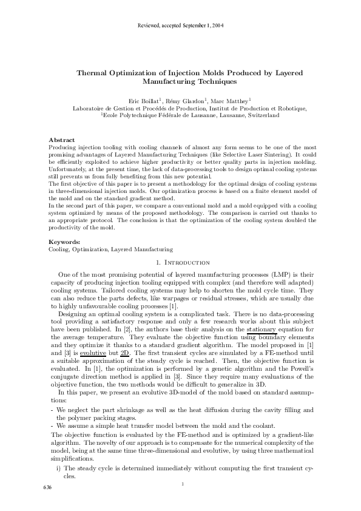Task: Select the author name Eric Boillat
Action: click(142, 101)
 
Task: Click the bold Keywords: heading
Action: click(64, 242)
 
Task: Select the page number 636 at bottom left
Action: click(47, 488)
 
